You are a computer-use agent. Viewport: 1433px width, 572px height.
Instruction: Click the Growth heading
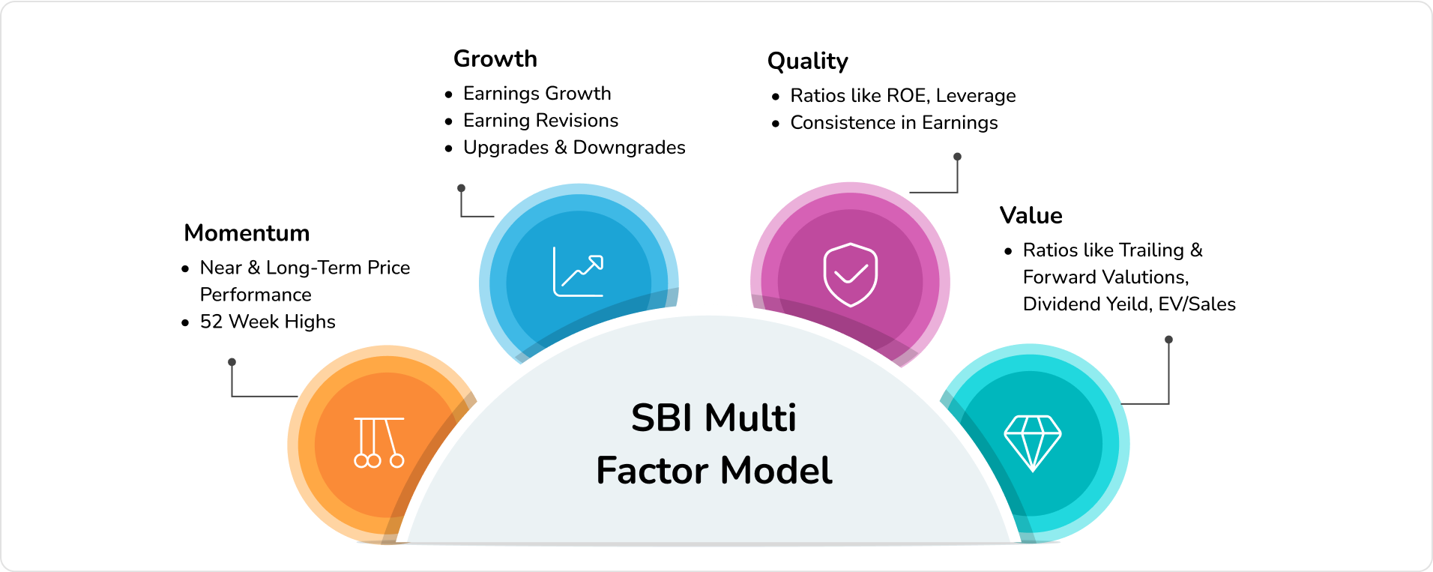(495, 58)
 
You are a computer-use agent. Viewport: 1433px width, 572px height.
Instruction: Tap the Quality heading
(808, 61)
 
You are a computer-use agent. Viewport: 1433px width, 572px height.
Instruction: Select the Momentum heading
(247, 233)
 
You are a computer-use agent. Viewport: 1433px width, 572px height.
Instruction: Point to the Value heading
(1031, 216)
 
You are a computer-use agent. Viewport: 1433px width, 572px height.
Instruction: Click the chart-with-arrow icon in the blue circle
(578, 271)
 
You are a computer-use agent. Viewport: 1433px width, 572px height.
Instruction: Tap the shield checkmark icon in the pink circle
(850, 274)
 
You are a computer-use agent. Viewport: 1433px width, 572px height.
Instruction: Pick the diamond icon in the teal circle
(1032, 442)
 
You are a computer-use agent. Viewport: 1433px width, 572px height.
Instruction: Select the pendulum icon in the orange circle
(378, 442)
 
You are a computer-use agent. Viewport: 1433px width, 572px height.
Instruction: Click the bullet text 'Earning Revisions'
(540, 121)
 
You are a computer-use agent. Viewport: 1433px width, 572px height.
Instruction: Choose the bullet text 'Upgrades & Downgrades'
(574, 148)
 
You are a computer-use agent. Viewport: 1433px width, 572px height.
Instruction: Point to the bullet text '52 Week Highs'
(268, 322)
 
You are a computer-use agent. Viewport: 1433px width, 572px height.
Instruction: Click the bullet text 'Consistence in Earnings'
(894, 123)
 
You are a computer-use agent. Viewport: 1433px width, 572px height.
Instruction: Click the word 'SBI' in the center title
(662, 418)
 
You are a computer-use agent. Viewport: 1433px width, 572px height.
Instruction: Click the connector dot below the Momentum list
(232, 362)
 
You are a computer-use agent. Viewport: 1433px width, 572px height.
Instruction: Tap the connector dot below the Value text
(1168, 340)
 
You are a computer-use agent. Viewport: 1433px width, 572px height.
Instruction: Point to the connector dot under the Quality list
(957, 157)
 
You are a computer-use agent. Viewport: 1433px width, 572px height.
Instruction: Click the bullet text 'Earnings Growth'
(537, 94)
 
